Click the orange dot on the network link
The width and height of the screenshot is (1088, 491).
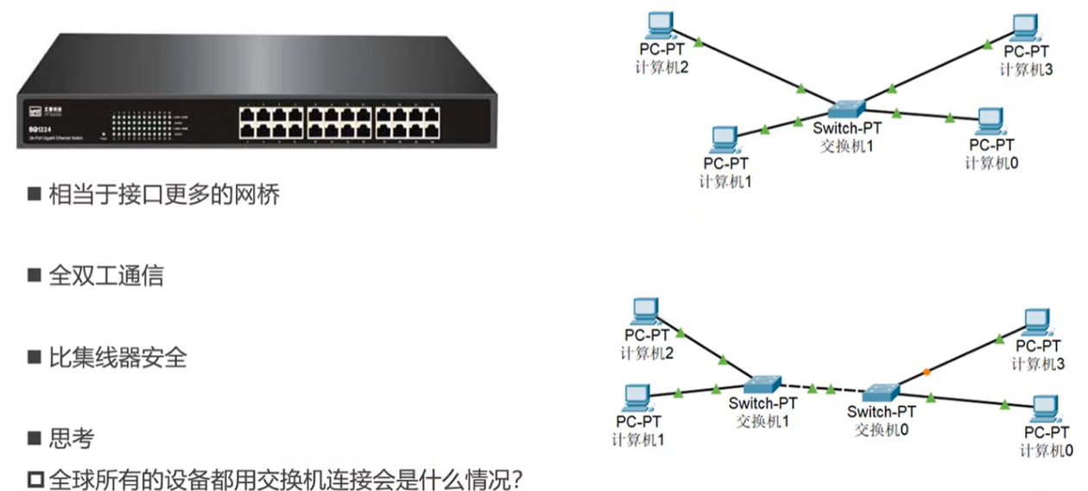[927, 372]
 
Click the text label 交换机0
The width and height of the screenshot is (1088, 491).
[881, 429]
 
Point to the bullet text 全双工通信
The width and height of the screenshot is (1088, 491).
[105, 276]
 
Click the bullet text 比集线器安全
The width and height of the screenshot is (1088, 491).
[117, 357]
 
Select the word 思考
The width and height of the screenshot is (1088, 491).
[71, 439]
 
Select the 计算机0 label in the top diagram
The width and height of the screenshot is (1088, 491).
[991, 163]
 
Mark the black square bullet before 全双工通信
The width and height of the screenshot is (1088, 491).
[35, 276]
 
